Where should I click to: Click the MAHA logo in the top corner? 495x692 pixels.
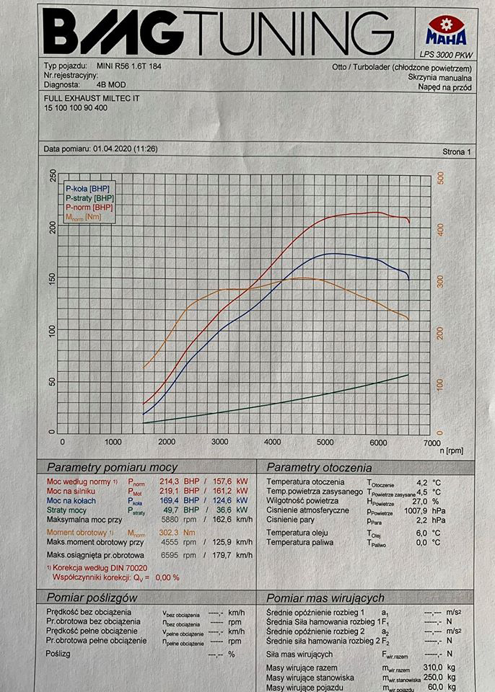click(x=446, y=32)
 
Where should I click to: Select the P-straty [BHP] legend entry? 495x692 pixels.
click(x=89, y=198)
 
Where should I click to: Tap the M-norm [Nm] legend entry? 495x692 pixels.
click(x=84, y=217)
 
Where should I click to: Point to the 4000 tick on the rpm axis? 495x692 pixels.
click(x=272, y=441)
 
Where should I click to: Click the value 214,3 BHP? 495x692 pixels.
click(x=172, y=482)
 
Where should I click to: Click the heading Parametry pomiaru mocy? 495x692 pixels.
click(x=112, y=467)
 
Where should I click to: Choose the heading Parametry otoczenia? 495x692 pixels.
click(x=319, y=467)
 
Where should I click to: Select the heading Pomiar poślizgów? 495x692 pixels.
click(x=91, y=598)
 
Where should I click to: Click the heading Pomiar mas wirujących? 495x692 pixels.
click(x=325, y=598)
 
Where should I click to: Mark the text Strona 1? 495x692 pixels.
click(x=455, y=152)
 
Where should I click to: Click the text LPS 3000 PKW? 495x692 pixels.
click(x=445, y=54)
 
